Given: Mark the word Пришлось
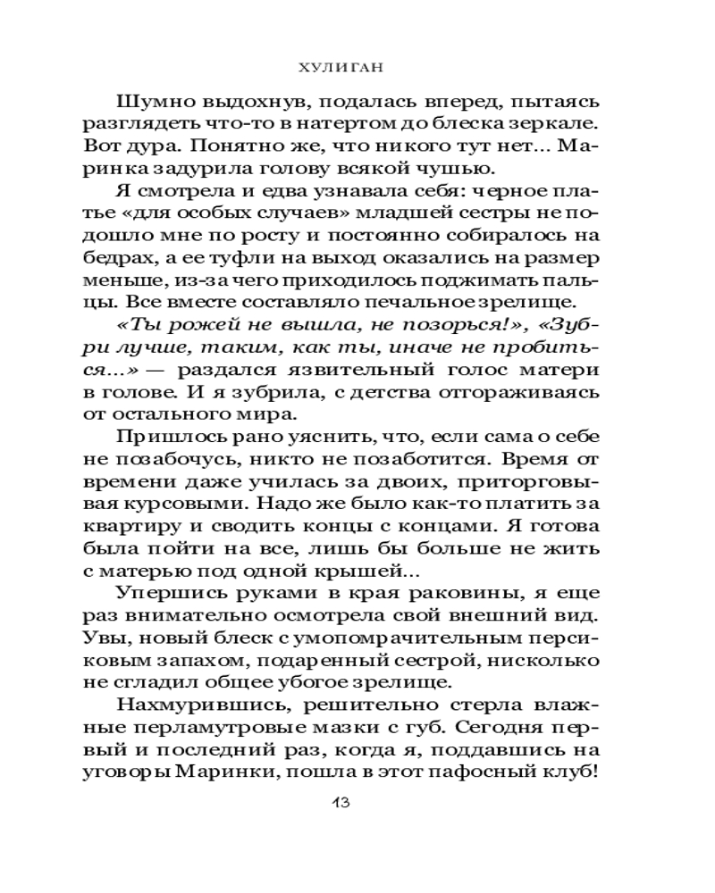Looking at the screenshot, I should [x=166, y=438].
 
